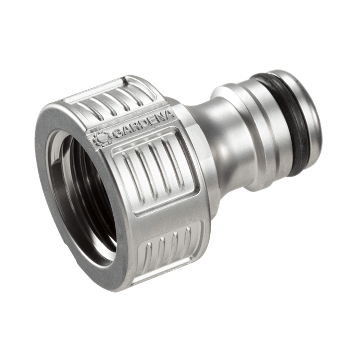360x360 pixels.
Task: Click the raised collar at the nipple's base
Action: [230, 136]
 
